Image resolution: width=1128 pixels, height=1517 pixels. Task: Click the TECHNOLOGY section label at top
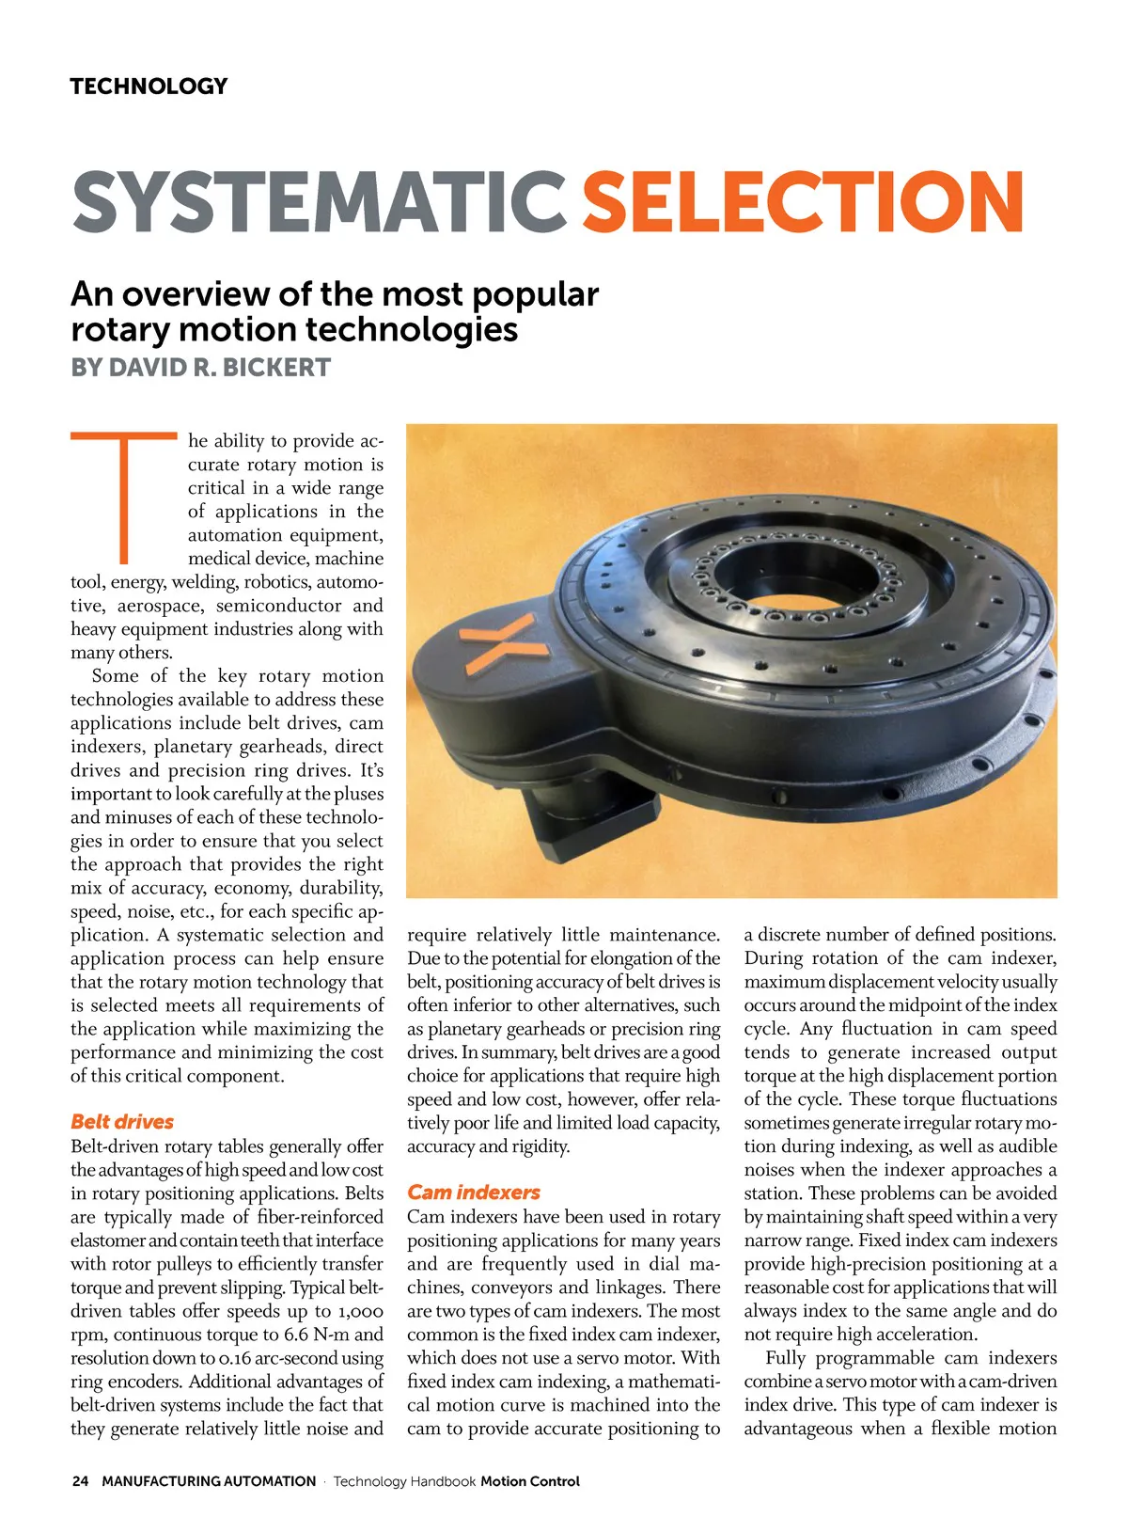[x=149, y=87]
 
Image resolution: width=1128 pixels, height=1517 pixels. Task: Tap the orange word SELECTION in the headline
[x=802, y=202]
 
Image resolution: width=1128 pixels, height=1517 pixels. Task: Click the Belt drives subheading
[x=122, y=1122]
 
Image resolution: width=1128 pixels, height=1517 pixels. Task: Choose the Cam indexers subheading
[x=473, y=1193]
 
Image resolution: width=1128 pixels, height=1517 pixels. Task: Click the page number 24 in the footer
[x=80, y=1481]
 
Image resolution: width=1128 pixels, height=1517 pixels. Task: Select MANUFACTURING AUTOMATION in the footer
[x=209, y=1481]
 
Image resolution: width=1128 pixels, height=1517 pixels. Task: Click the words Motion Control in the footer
[x=530, y=1481]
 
